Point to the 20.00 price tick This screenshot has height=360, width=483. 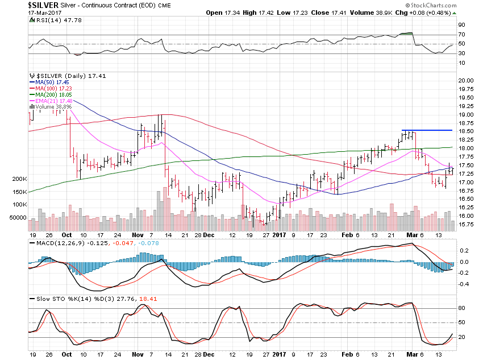pyautogui.click(x=466, y=80)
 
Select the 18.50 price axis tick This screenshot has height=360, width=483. pyautogui.click(x=466, y=131)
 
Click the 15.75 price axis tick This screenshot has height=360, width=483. pyautogui.click(x=466, y=224)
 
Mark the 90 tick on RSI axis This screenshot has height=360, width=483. pyautogui.click(x=462, y=25)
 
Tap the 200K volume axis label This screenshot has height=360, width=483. pyautogui.click(x=19, y=179)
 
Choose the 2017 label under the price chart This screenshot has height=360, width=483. pyautogui.click(x=280, y=234)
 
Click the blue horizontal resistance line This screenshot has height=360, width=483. pyautogui.click(x=427, y=131)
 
